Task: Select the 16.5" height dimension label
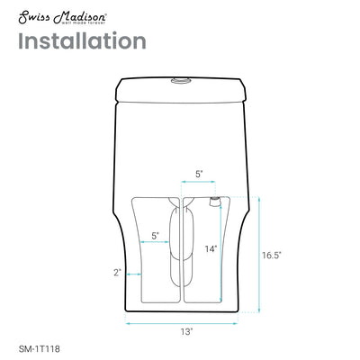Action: tap(272, 256)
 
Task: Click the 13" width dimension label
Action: tap(185, 332)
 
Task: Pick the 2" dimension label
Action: tap(117, 271)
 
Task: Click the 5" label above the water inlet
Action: tap(198, 175)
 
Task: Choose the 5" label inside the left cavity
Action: tap(156, 235)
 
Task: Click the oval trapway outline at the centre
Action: tap(180, 243)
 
